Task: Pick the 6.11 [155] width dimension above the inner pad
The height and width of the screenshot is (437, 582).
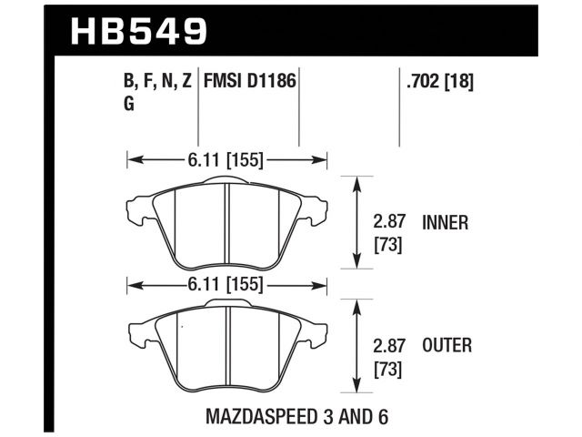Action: click(x=227, y=160)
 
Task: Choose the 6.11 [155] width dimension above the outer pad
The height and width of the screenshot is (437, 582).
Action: click(x=227, y=285)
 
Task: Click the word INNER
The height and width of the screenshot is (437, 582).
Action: click(x=445, y=223)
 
